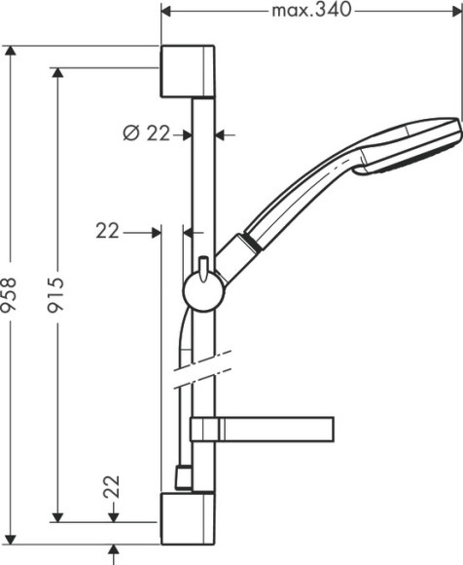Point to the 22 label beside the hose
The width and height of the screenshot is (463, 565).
108,231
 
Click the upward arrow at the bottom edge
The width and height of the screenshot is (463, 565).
116,552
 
